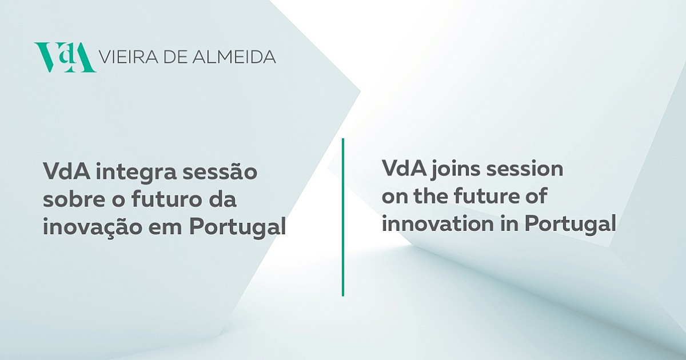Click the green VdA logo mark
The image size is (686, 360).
(x=65, y=58)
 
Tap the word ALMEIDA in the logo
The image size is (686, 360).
(x=234, y=57)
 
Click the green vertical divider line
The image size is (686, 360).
(x=343, y=217)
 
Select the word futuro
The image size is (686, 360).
(x=166, y=199)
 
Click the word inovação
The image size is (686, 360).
(x=93, y=227)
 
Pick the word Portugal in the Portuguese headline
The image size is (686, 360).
(x=238, y=227)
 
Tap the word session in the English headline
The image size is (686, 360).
(x=525, y=169)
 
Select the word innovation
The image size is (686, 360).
(x=438, y=223)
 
